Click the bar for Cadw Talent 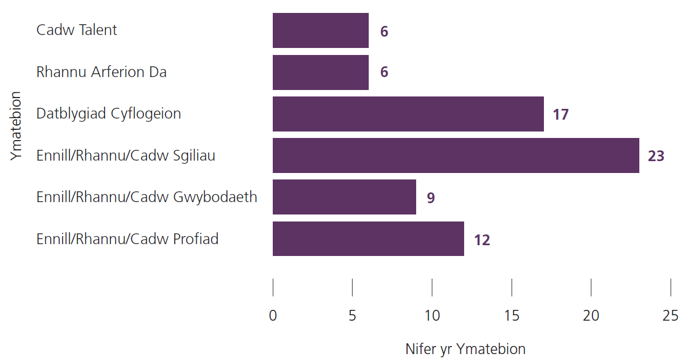(x=320, y=31)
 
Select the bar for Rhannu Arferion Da (x=320, y=72)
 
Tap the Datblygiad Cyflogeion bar (x=408, y=114)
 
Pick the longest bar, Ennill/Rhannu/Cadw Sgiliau (x=456, y=155)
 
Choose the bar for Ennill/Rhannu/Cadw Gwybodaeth (x=344, y=197)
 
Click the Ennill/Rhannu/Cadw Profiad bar (x=368, y=239)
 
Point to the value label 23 (x=656, y=156)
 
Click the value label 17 (x=561, y=115)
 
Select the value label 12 (x=482, y=240)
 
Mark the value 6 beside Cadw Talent (x=384, y=32)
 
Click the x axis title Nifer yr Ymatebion (x=465, y=349)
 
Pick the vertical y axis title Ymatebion (x=16, y=126)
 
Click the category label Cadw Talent (x=77, y=30)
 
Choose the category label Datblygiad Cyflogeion (x=108, y=114)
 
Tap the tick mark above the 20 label (x=591, y=287)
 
